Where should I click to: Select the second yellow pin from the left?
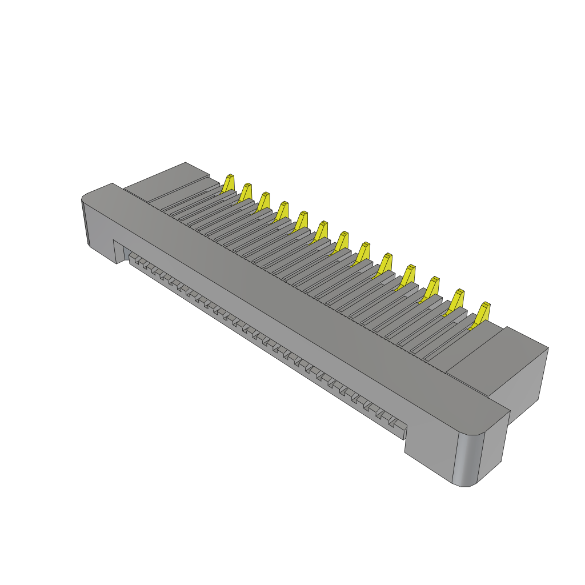coord(246,193)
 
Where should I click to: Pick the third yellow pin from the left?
coord(264,201)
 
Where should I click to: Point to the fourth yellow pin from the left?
coord(282,211)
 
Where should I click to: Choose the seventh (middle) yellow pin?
coord(342,242)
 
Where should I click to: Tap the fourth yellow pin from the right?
coord(408,276)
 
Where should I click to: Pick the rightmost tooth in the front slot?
coord(399,426)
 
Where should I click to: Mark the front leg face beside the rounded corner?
coord(428,454)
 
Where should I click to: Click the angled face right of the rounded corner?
coord(492,446)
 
